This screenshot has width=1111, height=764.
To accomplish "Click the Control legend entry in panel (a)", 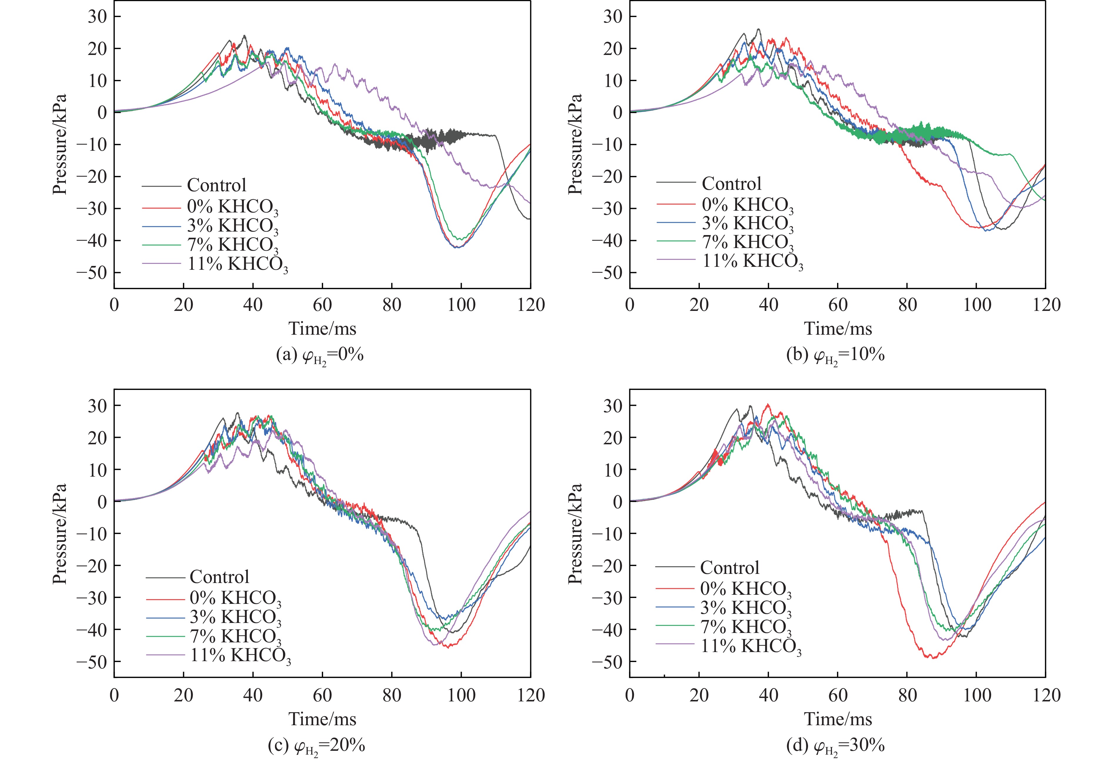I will (216, 185).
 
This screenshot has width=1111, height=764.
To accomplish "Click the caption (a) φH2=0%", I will (320, 356).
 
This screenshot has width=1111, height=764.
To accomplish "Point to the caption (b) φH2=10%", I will (835, 356).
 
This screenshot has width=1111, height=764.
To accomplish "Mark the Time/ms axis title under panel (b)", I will (838, 329).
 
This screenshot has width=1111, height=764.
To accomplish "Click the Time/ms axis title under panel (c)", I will (322, 719).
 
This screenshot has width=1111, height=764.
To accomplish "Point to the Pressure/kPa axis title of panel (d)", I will (575, 534).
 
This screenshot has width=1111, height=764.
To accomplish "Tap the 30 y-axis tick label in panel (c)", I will (97, 406).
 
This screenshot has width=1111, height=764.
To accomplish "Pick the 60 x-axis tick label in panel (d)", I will (838, 695).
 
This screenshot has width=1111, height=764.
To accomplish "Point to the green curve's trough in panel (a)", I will (461, 239).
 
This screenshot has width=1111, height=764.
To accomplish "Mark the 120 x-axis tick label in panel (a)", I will (530, 305).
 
